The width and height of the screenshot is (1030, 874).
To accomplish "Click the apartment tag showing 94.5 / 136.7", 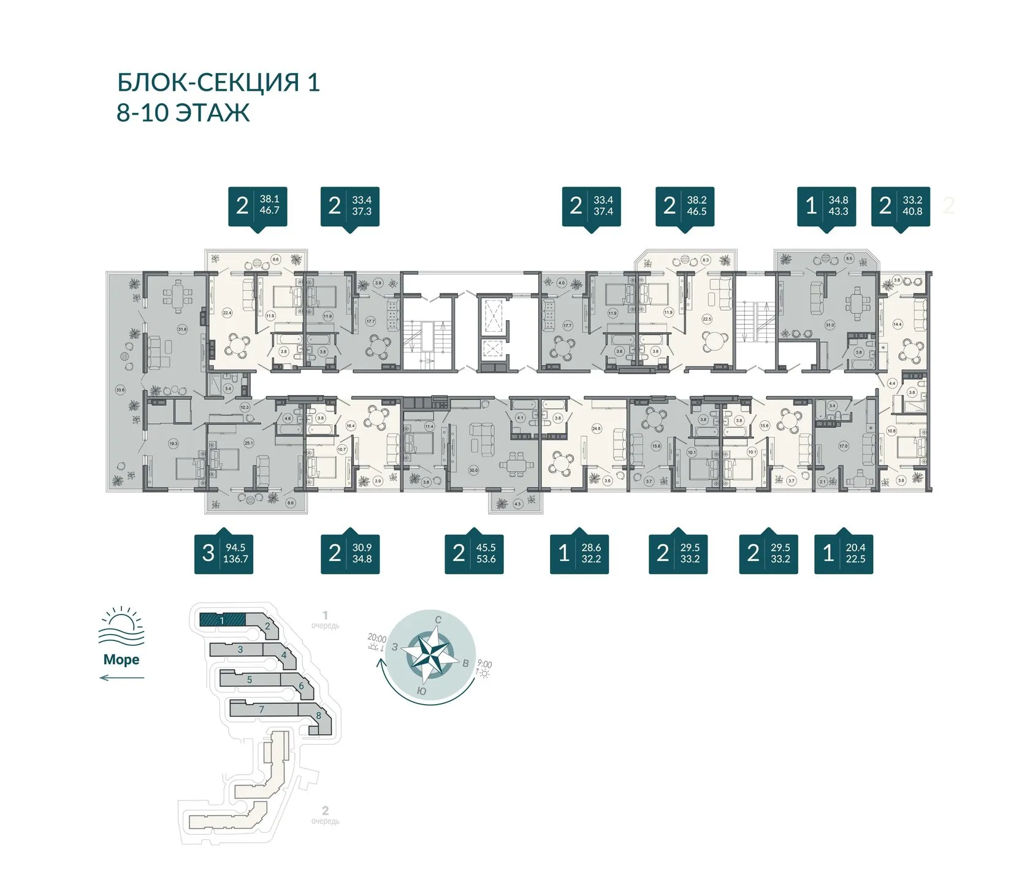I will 224,553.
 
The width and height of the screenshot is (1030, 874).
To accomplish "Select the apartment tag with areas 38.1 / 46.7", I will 257,205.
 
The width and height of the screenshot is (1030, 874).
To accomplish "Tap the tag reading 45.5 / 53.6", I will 474,553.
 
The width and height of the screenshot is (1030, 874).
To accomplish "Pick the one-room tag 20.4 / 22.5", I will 844,553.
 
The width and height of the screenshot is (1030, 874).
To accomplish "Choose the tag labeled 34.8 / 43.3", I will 826,205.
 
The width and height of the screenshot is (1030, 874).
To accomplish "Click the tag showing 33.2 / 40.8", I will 901,205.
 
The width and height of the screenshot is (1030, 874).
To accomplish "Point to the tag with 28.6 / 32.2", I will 579,553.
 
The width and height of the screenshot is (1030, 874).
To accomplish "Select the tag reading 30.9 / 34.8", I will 350,553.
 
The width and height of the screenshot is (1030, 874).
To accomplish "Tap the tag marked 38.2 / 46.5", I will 685,205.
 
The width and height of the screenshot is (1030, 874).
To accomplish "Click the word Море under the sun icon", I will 121,659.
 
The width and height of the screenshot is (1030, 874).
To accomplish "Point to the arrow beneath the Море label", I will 121,678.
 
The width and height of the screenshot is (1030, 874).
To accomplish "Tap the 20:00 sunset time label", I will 376,638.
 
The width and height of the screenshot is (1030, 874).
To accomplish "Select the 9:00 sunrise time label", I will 484,664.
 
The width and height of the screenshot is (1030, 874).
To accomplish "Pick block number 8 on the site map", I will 319,716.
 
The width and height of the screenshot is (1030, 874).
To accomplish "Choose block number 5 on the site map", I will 250,680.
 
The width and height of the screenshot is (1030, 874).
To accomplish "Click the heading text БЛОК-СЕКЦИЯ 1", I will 218,82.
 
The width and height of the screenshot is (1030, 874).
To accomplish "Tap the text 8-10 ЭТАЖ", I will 183,113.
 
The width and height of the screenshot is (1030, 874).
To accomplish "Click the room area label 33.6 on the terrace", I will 120,390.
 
